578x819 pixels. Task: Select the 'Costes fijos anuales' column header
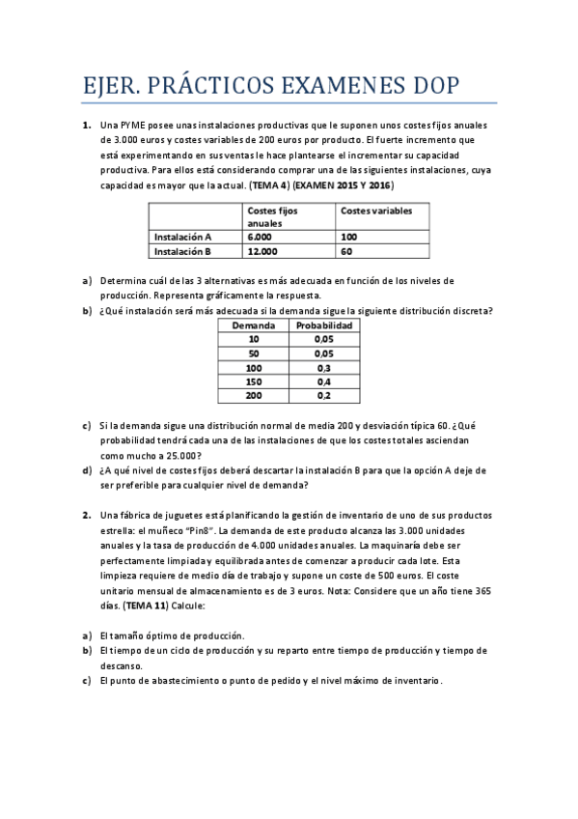coord(273,215)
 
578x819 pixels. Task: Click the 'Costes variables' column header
coord(376,210)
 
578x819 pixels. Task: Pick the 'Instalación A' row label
coord(182,236)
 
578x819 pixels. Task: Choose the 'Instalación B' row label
coord(182,251)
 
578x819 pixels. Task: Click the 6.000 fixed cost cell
coord(260,236)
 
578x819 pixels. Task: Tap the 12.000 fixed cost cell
coord(262,251)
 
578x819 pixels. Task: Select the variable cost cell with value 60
coord(347,251)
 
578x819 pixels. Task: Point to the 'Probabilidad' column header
coord(324,325)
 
